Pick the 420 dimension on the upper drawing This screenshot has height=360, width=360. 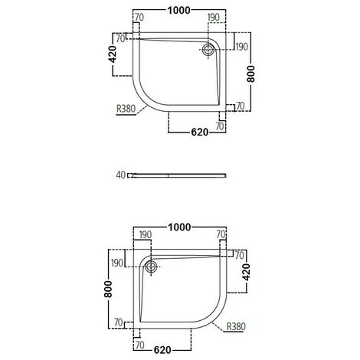(x=111, y=56)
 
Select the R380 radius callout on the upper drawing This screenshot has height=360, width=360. (x=126, y=109)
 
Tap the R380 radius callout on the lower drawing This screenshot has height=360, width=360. (x=237, y=326)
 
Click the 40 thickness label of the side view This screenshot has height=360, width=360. (x=120, y=175)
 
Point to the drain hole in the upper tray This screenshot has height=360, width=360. (x=207, y=49)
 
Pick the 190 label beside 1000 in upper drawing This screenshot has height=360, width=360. (x=214, y=15)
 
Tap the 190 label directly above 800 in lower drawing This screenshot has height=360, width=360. (x=117, y=263)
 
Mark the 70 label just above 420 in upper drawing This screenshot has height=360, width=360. (x=120, y=37)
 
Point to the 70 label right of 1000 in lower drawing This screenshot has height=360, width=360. (x=221, y=234)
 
